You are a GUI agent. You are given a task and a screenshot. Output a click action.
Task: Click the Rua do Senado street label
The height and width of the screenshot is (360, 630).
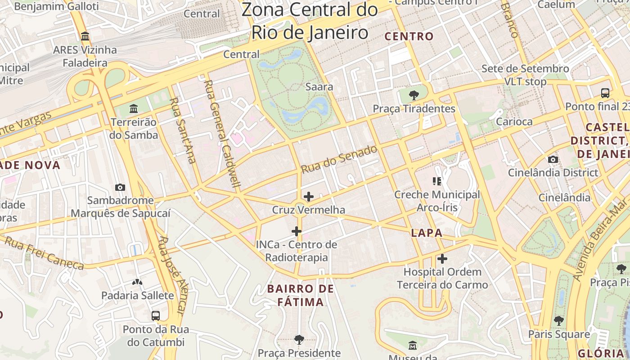339,159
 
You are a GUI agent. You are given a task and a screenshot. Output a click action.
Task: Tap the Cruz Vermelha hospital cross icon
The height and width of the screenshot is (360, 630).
309,197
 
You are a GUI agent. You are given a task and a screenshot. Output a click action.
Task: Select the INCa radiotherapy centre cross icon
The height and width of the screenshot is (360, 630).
297,232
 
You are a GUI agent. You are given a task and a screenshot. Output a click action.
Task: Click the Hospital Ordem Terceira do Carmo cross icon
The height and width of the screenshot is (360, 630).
442,259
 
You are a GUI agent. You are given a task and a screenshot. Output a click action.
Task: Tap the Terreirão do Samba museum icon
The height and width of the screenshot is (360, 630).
134,109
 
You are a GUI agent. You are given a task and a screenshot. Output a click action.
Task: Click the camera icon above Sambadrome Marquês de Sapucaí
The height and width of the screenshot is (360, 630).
120,187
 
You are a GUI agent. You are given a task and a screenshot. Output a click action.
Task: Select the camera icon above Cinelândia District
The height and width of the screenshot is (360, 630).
553,160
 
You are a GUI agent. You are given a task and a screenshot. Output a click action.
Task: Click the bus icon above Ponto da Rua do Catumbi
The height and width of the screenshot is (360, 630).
156,316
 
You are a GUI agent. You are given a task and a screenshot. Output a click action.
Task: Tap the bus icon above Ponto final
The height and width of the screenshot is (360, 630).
605,93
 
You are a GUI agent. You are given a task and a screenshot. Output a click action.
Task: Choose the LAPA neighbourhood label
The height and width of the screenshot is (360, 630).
427,233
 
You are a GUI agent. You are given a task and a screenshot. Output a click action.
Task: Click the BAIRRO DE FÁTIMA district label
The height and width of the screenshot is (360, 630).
301,295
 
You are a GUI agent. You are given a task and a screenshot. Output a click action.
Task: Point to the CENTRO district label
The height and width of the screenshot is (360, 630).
409,36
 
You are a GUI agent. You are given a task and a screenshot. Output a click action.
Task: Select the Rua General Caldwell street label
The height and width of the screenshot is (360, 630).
222,133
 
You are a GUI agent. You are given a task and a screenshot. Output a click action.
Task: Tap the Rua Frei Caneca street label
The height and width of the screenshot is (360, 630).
44,253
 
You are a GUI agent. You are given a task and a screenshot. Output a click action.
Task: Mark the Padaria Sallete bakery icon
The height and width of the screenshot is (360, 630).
137,282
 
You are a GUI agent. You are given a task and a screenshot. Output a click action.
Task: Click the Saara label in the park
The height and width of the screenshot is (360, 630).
319,86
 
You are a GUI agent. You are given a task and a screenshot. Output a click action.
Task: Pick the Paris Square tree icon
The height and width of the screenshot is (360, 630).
559,321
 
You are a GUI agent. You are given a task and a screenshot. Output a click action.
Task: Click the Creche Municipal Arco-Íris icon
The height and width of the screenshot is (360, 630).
437,181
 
